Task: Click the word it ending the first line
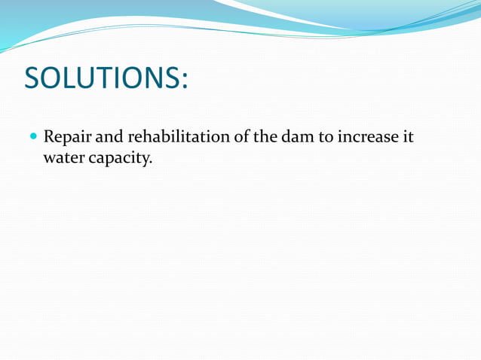pos(408,139)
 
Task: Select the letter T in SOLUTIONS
pos(107,78)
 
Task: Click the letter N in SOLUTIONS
pos(153,78)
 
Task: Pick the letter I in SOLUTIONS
pos(120,78)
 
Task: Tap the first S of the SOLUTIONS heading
pos(32,78)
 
